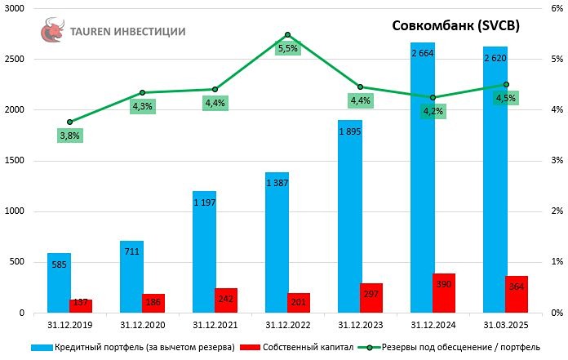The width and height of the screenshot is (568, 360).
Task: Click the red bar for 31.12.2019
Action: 81,306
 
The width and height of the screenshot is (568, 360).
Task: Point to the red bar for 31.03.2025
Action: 517,294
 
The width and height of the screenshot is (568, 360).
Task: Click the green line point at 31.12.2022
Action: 287,35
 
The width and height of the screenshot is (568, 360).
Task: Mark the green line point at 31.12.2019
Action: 69,122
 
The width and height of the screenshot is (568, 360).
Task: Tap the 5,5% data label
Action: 288,49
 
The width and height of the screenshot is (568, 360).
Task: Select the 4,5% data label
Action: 505,98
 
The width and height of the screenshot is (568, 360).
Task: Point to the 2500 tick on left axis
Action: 16,60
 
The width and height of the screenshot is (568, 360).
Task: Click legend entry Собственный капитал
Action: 306,347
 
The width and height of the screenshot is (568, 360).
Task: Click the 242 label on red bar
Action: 226,299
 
